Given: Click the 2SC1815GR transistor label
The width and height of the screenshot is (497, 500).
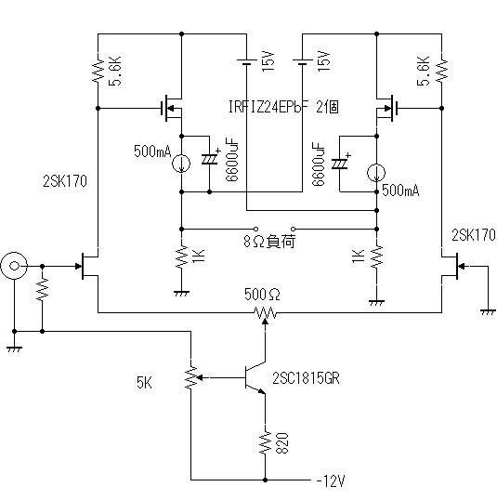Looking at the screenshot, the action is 306,378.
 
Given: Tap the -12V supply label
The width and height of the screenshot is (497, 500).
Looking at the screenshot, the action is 331,480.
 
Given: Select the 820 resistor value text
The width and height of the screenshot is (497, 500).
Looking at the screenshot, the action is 281,443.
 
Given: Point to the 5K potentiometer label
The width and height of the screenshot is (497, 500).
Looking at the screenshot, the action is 144,382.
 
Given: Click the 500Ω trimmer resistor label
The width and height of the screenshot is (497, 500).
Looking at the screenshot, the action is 262,295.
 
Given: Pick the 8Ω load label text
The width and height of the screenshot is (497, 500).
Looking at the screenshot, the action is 269,242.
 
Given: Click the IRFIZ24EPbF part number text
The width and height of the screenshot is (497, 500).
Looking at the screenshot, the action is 268,107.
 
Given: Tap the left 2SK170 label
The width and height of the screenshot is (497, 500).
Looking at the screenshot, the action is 65,181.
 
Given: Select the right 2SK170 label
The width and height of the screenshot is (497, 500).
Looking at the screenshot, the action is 474,235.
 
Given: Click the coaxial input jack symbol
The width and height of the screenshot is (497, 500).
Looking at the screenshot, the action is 14,266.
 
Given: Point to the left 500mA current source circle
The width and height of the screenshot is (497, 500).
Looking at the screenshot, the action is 181,164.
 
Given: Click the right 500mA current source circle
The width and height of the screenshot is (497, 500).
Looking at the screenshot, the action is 376,173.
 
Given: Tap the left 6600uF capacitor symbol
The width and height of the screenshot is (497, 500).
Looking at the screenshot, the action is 210,159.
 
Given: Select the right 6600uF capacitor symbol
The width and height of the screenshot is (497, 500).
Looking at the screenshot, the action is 340,164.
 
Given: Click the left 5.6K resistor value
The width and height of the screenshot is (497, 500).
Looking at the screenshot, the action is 115,72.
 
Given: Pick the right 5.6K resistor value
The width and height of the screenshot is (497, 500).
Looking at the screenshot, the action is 424,72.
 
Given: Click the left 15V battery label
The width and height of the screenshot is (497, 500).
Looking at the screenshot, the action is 268,61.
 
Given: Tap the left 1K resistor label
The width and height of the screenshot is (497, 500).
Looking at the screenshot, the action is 198,256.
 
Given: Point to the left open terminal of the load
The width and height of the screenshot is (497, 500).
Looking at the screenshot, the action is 255,229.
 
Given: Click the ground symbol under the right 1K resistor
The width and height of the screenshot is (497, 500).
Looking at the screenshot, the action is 376,303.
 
